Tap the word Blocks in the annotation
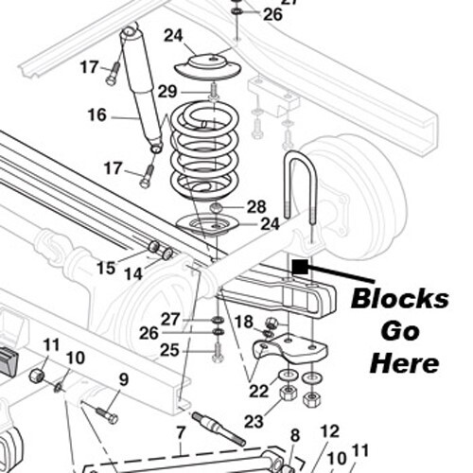399,299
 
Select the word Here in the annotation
405,363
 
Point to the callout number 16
97,115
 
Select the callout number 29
167,91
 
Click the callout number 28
256,206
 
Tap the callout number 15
106,268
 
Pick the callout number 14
132,274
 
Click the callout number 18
243,322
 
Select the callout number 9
123,380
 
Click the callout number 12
328,431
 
